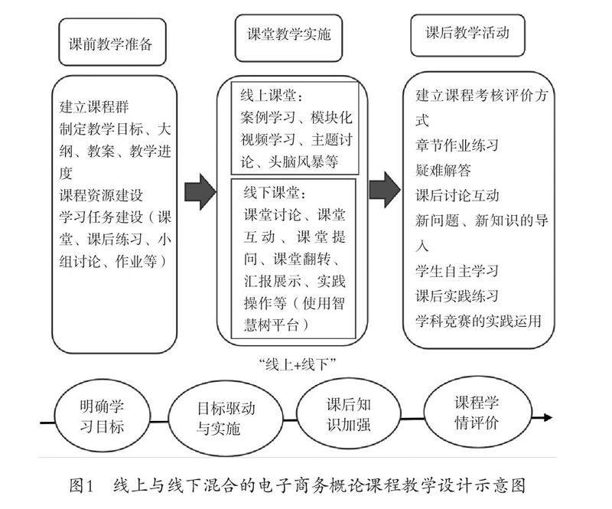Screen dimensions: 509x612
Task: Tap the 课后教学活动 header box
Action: point(467,34)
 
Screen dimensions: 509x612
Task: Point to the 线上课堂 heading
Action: point(272,96)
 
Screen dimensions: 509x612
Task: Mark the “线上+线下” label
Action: point(298,363)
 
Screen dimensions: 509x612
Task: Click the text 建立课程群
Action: point(91,105)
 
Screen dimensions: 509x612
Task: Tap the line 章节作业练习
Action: point(457,145)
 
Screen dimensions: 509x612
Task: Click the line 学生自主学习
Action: point(457,271)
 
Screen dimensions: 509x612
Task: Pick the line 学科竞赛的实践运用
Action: point(478,321)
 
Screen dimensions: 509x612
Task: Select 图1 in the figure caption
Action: point(81,485)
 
